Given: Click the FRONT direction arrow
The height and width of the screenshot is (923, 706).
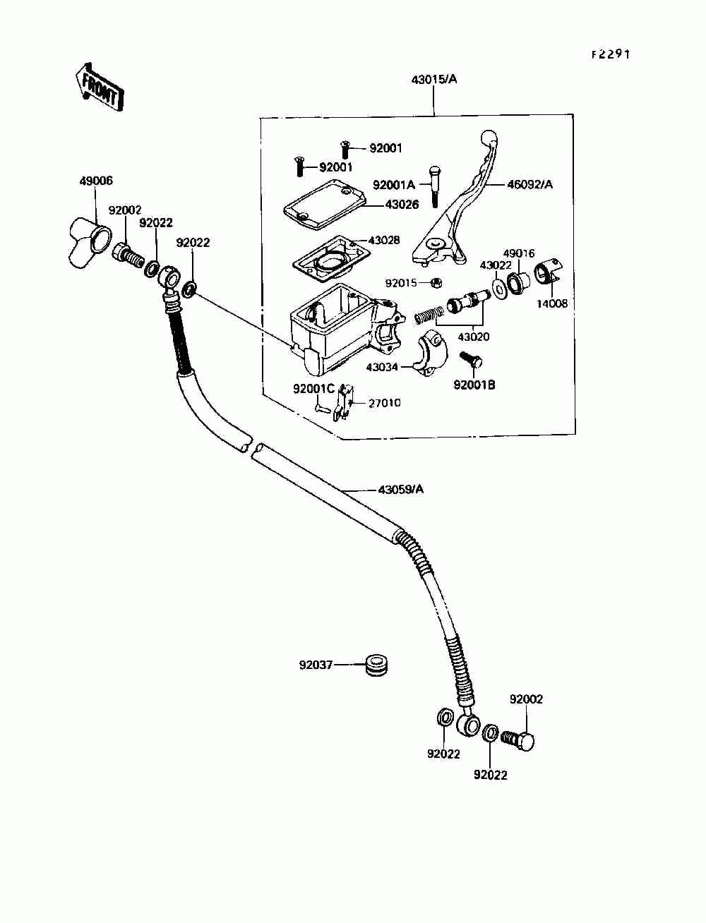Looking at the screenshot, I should [x=98, y=87].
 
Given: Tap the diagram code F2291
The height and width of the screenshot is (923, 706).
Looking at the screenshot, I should [x=611, y=54].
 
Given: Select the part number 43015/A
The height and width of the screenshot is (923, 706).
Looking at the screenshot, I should [x=434, y=80].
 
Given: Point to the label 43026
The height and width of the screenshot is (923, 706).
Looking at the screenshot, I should [x=402, y=205].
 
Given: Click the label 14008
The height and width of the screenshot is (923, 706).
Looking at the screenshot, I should [x=551, y=304].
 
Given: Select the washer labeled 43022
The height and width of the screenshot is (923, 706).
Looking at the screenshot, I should [x=498, y=287].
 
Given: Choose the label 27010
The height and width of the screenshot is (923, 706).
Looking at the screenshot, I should [x=385, y=403].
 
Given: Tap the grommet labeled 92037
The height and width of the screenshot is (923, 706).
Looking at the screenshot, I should [x=377, y=665].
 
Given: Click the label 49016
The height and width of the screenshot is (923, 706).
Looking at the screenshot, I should [x=519, y=253].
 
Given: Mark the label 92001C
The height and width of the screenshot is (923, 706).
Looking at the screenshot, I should [x=314, y=389].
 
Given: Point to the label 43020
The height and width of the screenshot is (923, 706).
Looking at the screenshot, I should [x=473, y=337].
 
